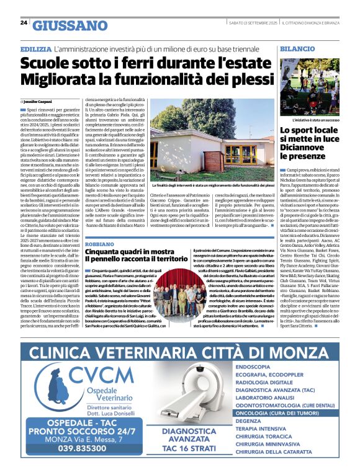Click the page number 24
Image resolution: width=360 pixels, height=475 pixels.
coord(23,23)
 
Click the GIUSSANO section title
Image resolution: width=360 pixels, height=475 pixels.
coord(70,25)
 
